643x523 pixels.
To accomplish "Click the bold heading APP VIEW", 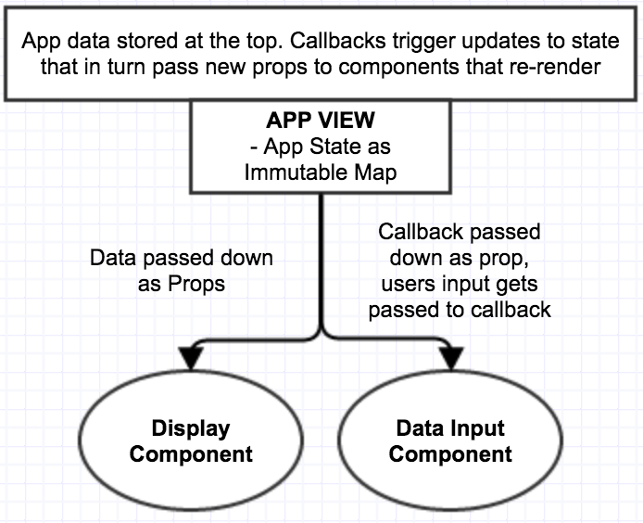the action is click(x=321, y=121).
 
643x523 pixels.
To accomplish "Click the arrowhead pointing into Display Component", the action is click(x=191, y=358).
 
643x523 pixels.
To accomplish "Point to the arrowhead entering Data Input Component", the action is click(x=451, y=358).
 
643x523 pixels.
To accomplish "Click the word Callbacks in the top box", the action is click(x=338, y=41).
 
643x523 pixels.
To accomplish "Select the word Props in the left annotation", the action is click(x=196, y=284).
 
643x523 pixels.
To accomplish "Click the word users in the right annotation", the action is click(x=404, y=284).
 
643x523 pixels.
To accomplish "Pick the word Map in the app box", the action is click(x=375, y=172).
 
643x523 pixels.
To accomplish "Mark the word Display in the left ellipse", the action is click(x=191, y=428).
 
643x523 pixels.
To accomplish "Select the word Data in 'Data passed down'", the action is click(x=113, y=258).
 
